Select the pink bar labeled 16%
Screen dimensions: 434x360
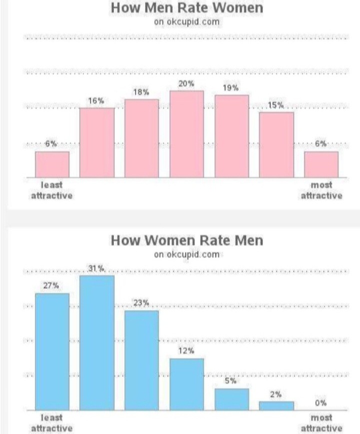pos(97,142)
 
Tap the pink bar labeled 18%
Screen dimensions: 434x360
pos(141,138)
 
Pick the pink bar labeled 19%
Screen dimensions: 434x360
pos(231,136)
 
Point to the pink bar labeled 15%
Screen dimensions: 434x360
pos(276,144)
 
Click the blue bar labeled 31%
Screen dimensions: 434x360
pos(97,343)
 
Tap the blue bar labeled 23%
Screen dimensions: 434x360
pos(141,360)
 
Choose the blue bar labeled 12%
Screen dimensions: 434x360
pos(186,384)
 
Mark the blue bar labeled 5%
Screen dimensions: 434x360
pos(231,399)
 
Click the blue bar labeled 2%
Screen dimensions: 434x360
pos(276,405)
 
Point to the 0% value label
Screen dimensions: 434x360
pos(320,403)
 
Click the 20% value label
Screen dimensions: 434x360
pos(186,83)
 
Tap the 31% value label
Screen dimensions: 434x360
pos(96,269)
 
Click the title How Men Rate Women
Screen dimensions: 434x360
pos(186,8)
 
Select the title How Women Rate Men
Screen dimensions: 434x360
pos(186,240)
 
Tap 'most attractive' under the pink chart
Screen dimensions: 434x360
pos(321,190)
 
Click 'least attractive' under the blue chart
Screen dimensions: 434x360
pos(52,423)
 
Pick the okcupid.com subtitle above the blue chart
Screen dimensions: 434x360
pos(186,254)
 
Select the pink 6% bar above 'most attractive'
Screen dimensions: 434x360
pos(321,164)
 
